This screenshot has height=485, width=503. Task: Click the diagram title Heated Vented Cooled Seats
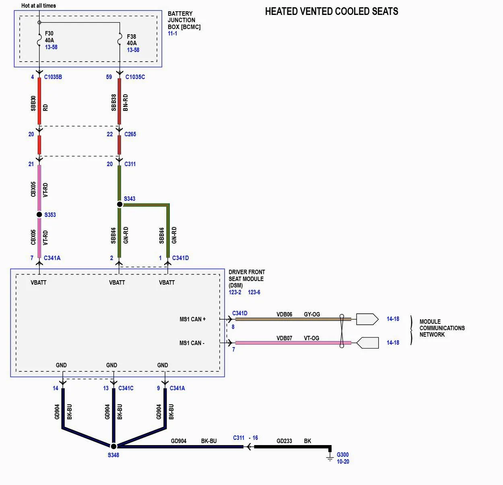[331, 11]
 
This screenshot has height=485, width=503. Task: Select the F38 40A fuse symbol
[120, 41]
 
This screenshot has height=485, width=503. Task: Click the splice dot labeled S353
[39, 214]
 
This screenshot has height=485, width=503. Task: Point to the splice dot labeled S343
[120, 204]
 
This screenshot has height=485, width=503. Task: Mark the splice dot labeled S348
[113, 446]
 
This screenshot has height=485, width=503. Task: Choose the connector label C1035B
[53, 77]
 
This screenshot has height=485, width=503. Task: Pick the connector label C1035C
[135, 77]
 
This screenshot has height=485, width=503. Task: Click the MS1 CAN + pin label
[192, 319]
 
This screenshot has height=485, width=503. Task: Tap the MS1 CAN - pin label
[192, 343]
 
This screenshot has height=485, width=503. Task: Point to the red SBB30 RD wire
[39, 101]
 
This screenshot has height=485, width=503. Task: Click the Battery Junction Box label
[184, 20]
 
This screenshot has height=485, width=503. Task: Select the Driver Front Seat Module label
[246, 279]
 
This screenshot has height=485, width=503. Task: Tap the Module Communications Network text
[441, 328]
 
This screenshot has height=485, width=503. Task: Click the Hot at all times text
[39, 6]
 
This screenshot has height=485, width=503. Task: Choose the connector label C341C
[126, 388]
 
